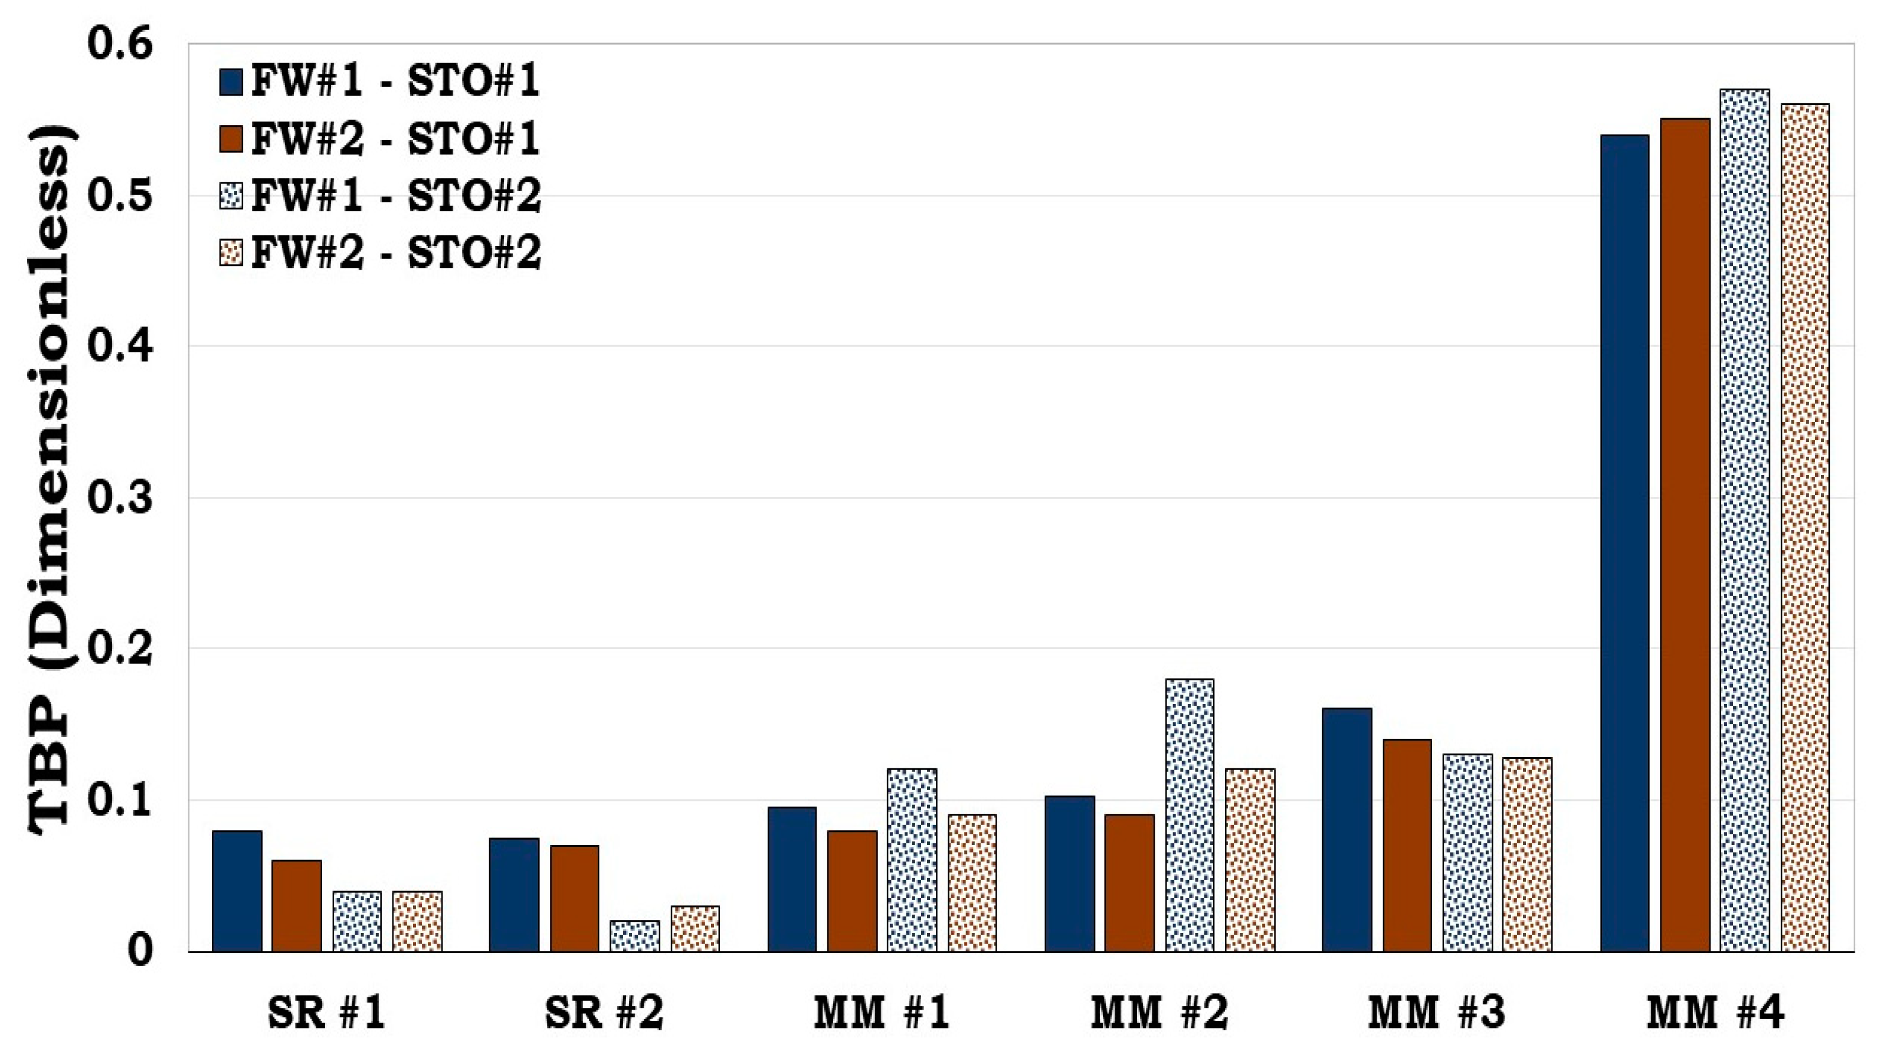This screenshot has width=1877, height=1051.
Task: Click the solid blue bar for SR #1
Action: pos(237,890)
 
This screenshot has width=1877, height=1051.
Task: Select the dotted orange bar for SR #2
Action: pos(695,929)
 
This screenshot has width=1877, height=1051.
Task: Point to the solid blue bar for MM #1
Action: pos(792,879)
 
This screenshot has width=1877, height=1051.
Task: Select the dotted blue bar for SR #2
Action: pos(635,936)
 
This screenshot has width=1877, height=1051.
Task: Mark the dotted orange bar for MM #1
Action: pos(972,883)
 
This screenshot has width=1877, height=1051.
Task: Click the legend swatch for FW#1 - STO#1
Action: pos(231,83)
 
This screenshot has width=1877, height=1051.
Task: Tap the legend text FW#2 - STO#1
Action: pos(395,139)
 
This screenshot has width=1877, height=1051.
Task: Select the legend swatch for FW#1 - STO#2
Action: pos(231,196)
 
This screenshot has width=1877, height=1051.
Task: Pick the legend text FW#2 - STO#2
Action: pos(395,253)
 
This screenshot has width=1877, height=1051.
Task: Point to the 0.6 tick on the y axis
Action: pos(120,44)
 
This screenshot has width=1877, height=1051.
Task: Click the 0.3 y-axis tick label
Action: pos(120,498)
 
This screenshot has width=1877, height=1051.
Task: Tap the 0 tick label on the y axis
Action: pos(139,951)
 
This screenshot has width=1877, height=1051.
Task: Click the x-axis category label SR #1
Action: pos(326,1013)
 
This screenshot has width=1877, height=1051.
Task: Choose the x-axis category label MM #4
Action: pos(1715,1013)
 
